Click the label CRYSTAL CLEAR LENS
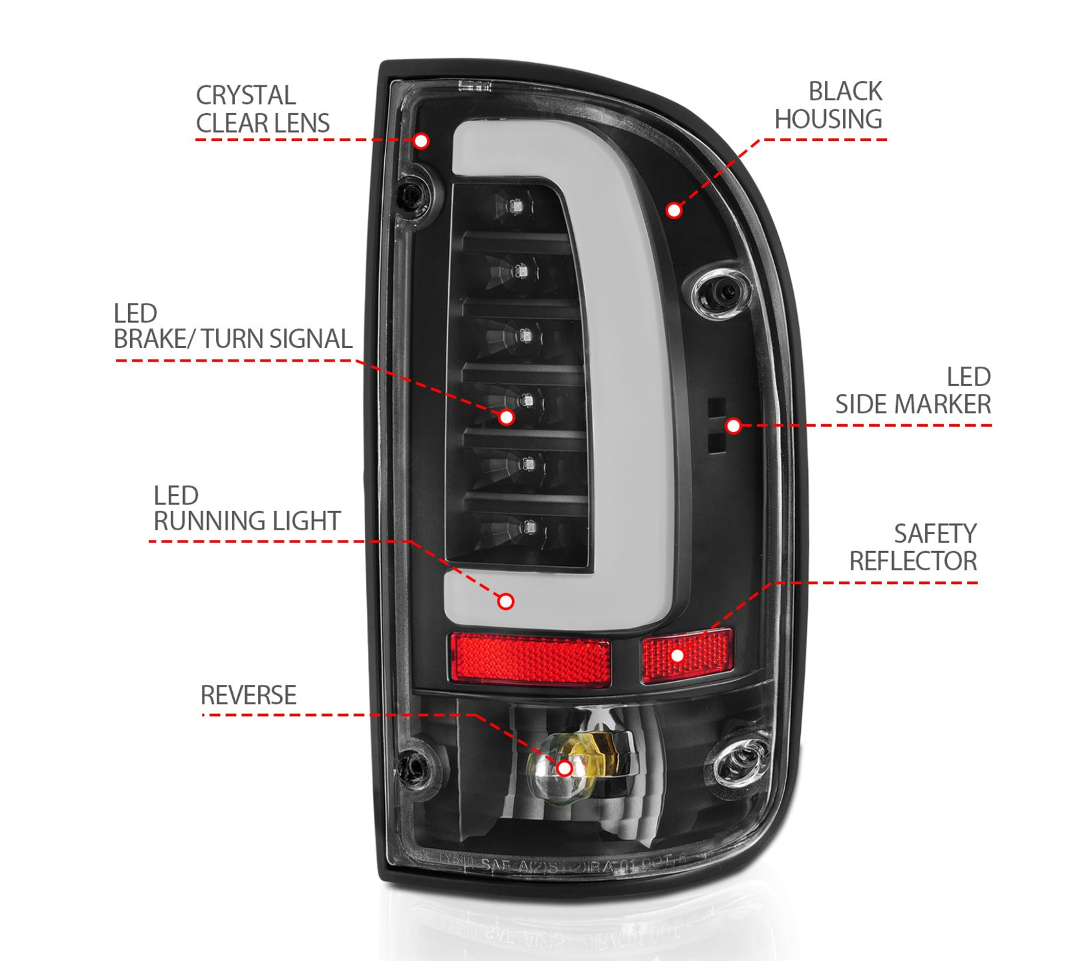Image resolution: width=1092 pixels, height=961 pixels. pyautogui.click(x=262, y=109)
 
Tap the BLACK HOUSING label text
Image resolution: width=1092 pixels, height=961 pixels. pyautogui.click(x=829, y=105)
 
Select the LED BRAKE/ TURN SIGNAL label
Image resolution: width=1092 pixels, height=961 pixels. pyautogui.click(x=232, y=327)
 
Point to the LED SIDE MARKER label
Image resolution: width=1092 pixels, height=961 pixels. pyautogui.click(x=913, y=391)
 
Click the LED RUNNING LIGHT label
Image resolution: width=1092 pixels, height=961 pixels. pyautogui.click(x=246, y=508)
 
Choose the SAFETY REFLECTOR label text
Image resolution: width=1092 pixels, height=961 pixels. pyautogui.click(x=913, y=548)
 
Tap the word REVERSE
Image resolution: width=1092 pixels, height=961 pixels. pyautogui.click(x=248, y=696)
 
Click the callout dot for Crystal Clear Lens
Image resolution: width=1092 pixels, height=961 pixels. pyautogui.click(x=421, y=140)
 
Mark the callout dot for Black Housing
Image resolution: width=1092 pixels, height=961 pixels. pyautogui.click(x=674, y=210)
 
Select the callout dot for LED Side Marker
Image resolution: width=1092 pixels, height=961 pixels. pyautogui.click(x=733, y=426)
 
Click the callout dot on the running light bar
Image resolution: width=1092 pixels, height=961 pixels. pyautogui.click(x=506, y=601)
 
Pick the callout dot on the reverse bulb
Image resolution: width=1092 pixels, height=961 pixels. pyautogui.click(x=564, y=768)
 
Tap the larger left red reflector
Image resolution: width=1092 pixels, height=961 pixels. pyautogui.click(x=530, y=659)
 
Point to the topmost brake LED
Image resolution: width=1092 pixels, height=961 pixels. pyautogui.click(x=516, y=207)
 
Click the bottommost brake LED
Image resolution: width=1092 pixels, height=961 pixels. pyautogui.click(x=529, y=528)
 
